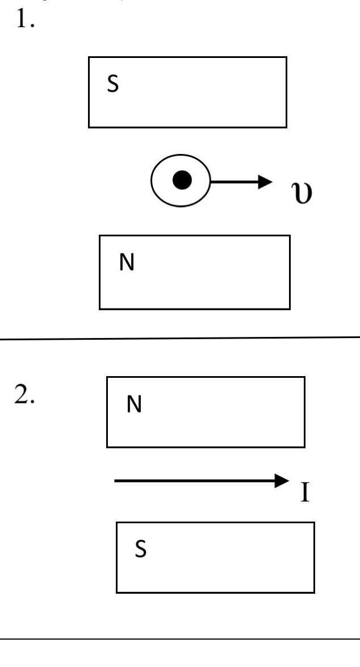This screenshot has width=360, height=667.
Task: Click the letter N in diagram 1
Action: click(x=127, y=263)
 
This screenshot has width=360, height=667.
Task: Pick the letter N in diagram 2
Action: click(x=134, y=405)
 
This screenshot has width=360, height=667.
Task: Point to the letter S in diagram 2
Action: click(x=140, y=550)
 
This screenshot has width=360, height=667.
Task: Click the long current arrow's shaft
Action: click(x=193, y=481)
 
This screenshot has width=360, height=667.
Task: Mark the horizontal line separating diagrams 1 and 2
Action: click(x=179, y=338)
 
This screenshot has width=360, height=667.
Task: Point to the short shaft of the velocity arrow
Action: click(x=233, y=182)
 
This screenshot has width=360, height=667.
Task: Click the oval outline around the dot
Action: click(x=153, y=181)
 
